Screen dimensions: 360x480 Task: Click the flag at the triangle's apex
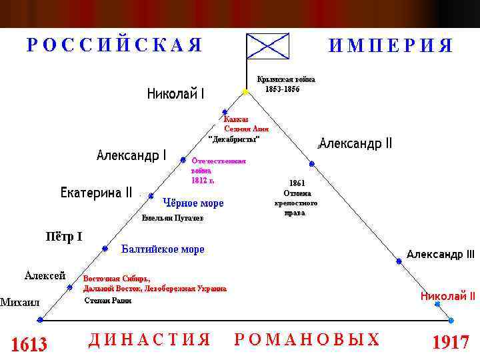tap(267, 46)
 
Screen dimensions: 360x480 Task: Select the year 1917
tap(451, 343)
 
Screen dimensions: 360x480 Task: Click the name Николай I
tap(176, 94)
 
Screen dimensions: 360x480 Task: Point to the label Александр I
tap(131, 155)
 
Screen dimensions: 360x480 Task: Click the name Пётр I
tap(64, 237)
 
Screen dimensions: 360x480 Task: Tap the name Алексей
tap(45, 275)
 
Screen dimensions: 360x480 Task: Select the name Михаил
tap(20, 302)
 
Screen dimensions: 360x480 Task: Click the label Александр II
tap(356, 144)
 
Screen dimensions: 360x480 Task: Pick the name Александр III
tap(441, 254)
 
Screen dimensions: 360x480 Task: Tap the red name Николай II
tap(447, 296)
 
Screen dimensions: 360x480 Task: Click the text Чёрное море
tap(193, 203)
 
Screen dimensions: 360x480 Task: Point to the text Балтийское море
tap(163, 249)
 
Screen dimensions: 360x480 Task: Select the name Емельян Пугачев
tap(173, 218)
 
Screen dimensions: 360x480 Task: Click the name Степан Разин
tap(107, 301)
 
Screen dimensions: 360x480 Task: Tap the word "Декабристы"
tap(233, 139)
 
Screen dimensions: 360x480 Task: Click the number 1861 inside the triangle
tap(297, 183)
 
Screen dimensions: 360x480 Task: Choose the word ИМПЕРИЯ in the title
tap(391, 46)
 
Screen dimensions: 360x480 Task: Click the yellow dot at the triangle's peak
tap(245, 92)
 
